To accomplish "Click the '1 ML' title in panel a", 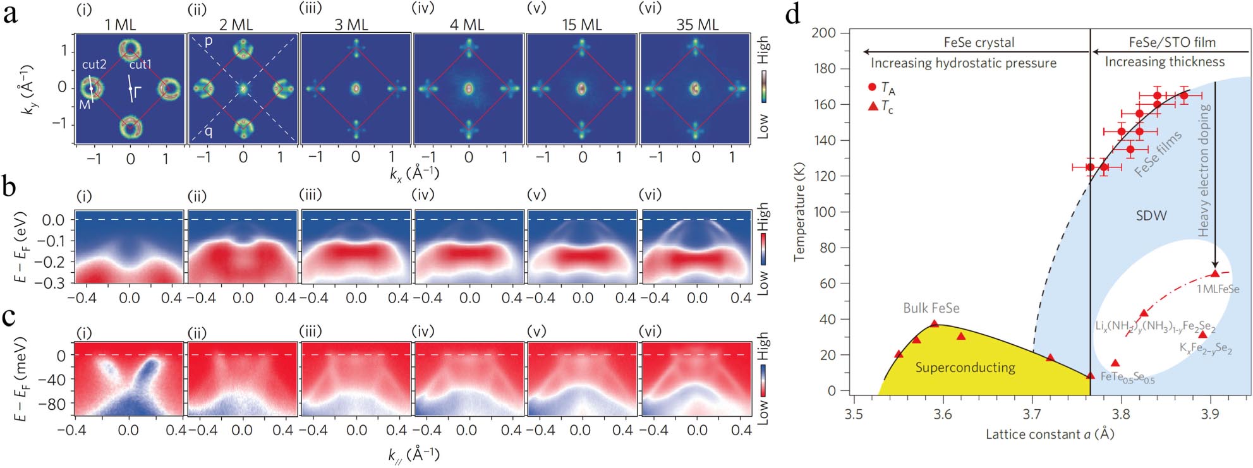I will click(x=120, y=25).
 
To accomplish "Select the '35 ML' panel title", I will click(x=697, y=25).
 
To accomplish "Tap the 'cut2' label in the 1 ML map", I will click(x=94, y=64).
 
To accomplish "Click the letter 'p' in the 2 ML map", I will click(x=209, y=42).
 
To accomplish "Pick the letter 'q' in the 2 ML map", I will click(x=209, y=131).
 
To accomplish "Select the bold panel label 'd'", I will click(x=792, y=14).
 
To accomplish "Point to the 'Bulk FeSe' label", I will click(x=931, y=308).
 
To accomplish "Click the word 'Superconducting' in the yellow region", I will click(x=965, y=368).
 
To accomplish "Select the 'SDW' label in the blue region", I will click(x=1151, y=215).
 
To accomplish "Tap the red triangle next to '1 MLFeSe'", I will click(x=1214, y=273).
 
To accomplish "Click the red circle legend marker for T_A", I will click(x=873, y=87).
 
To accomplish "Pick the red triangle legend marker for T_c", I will click(x=873, y=106).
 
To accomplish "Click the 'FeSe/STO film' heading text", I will click(x=1172, y=42).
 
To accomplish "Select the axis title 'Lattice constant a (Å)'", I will click(x=1050, y=435).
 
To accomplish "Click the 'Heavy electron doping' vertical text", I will click(x=1204, y=171).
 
